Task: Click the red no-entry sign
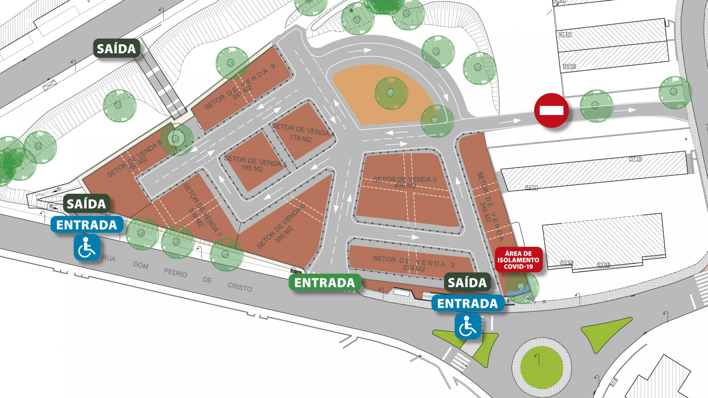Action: click(x=551, y=110)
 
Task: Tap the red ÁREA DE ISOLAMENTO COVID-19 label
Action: click(x=518, y=260)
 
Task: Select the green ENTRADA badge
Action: click(x=324, y=283)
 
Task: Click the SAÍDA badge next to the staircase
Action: click(x=116, y=48)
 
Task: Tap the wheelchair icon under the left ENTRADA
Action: click(x=87, y=248)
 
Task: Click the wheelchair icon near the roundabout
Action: click(x=468, y=326)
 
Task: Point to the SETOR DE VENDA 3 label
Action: click(x=404, y=179)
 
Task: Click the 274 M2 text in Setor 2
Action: click(x=414, y=268)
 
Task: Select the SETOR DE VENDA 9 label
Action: click(x=240, y=88)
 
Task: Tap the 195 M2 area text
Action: click(x=252, y=168)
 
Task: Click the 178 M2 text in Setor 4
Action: click(x=301, y=139)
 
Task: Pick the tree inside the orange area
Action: click(x=391, y=93)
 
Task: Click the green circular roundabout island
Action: click(x=541, y=367)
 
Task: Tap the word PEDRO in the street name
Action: click(x=176, y=273)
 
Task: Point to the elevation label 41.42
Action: click(x=565, y=35)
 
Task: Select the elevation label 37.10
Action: click(x=635, y=159)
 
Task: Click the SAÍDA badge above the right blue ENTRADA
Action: click(x=467, y=282)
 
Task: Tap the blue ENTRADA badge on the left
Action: click(x=87, y=225)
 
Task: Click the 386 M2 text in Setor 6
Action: click(x=284, y=234)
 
